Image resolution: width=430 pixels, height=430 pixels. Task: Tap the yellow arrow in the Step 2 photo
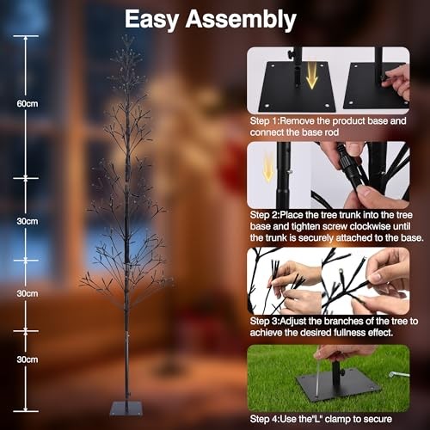(x=269, y=169)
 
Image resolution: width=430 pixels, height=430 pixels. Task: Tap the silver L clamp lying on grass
(x=398, y=375)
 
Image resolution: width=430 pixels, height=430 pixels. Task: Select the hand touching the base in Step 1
(x=397, y=79)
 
